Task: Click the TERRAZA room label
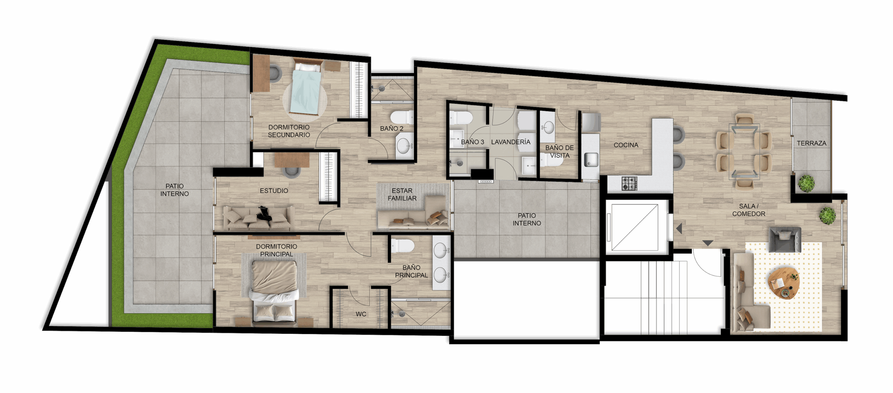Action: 811,143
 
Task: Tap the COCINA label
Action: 626,145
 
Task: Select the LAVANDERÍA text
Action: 511,142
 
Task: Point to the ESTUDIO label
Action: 274,191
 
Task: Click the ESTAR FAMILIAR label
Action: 402,194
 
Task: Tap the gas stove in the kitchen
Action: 630,183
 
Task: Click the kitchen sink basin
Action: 591,160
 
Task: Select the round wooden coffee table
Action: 784,283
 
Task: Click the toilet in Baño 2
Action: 402,118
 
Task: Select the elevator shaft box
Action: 635,227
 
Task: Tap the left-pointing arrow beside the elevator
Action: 679,229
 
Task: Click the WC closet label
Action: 361,314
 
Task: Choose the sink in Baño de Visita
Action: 548,127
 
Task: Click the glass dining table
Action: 744,152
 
